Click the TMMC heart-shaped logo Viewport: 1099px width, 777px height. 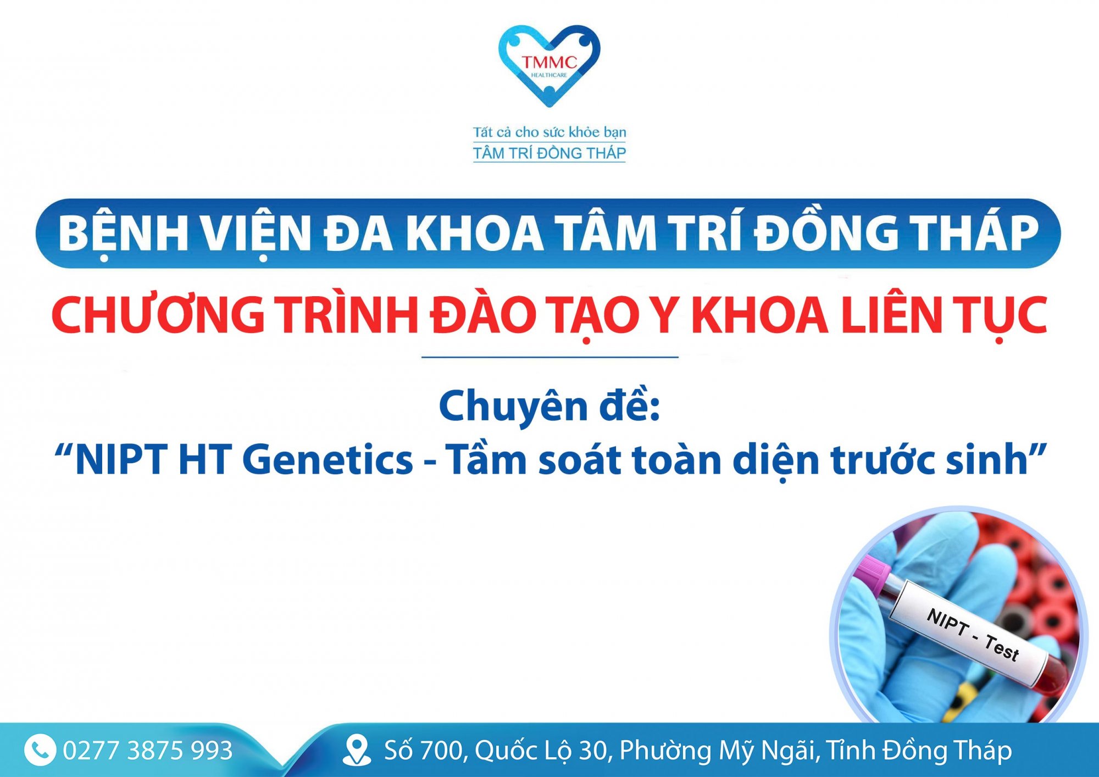click(x=549, y=65)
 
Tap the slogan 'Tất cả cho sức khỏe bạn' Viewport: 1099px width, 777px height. click(x=549, y=132)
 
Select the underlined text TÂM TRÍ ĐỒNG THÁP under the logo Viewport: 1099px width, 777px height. click(x=549, y=153)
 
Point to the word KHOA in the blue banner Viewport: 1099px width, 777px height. click(x=474, y=233)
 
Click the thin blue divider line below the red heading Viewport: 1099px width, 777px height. click(x=549, y=357)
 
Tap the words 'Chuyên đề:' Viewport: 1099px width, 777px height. click(x=549, y=406)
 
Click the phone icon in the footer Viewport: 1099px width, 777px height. click(x=40, y=750)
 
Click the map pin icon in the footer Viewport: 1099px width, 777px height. click(x=357, y=750)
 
